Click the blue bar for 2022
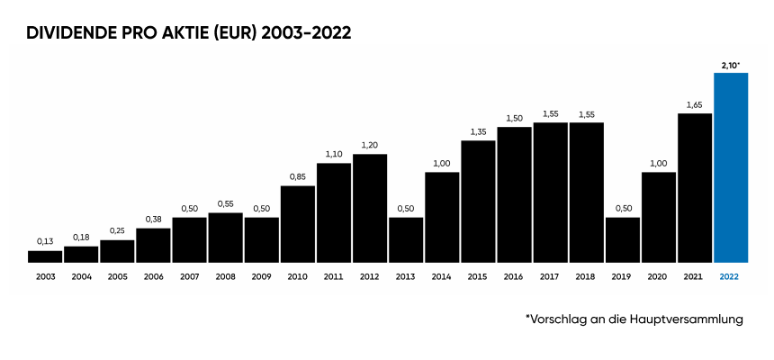730,167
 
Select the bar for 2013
406,239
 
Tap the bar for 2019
622,239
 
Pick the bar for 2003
45,256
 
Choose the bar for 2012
370,208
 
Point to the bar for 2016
514,194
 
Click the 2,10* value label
730,65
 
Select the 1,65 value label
694,105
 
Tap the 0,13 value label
45,242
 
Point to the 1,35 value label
478,132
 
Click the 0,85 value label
297,177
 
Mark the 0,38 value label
153,220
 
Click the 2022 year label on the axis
730,277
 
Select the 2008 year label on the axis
225,277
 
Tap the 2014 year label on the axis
442,277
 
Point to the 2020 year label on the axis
658,277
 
